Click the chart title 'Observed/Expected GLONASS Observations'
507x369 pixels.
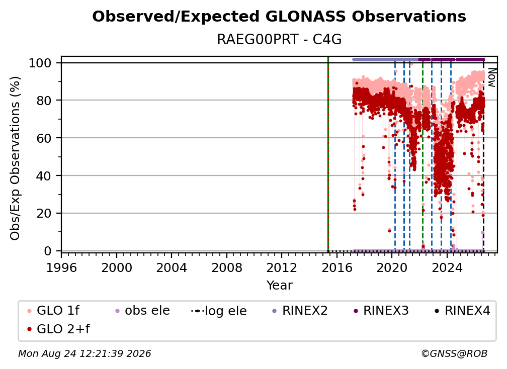coord(279,17)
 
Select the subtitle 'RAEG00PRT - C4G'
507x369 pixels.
coord(279,40)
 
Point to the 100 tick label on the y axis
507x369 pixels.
coord(40,63)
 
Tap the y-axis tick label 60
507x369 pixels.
coord(44,138)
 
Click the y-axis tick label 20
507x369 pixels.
coord(44,214)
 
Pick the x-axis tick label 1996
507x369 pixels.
coord(61,268)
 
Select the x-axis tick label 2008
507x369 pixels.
coord(227,268)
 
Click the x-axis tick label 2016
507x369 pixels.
coord(337,268)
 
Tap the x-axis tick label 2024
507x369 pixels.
coord(447,268)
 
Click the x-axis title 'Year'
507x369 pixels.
coord(279,286)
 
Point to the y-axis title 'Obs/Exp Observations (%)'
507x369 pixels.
coord(15,158)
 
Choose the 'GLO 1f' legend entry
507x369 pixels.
coord(53,311)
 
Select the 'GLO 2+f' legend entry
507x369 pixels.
coord(58,329)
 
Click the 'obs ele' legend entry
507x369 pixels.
coord(140,311)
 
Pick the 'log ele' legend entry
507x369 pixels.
coord(219,311)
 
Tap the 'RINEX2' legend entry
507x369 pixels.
coord(300,311)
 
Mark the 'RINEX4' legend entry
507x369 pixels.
coord(462,311)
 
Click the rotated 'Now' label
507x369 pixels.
coord(491,77)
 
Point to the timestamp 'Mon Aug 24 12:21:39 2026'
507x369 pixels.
coord(84,354)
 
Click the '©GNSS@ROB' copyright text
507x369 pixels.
coord(454,354)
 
